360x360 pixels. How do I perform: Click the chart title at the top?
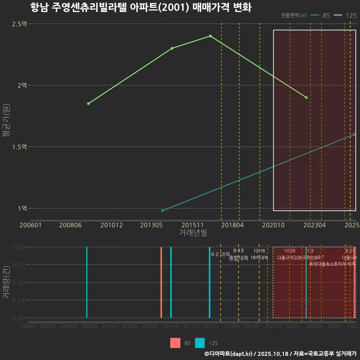[x=141, y=7]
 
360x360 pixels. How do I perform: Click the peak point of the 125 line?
[x=210, y=36]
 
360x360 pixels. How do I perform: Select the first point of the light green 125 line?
[x=88, y=103]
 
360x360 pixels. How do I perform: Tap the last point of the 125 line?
[x=306, y=97]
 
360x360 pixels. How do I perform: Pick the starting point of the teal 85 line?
[x=162, y=211]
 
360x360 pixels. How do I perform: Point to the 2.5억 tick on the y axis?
[x=19, y=24]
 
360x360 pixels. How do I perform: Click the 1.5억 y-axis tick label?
[x=19, y=147]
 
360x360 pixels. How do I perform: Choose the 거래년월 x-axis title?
[x=193, y=232]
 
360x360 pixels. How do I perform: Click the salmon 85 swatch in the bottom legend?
[x=175, y=343]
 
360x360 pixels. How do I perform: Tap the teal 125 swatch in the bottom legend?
[x=200, y=343]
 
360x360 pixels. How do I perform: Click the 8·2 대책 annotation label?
[x=220, y=254]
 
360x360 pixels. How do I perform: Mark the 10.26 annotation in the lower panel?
[x=289, y=251]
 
